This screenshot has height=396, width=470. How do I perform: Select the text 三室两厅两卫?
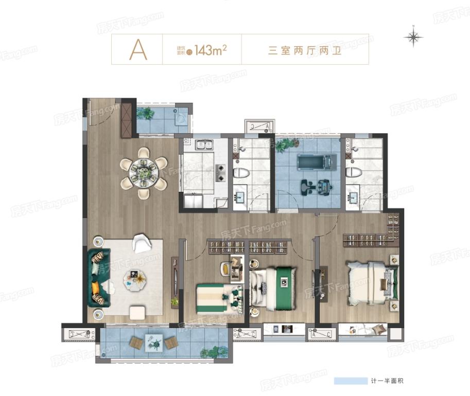pyautogui.click(x=305, y=50)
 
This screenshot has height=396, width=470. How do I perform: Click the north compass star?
pyautogui.click(x=413, y=37)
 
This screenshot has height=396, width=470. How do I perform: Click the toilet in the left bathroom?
pyautogui.click(x=240, y=172)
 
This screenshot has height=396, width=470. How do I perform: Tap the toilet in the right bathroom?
pyautogui.click(x=354, y=172)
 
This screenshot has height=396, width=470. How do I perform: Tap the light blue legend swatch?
pyautogui.click(x=349, y=381)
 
